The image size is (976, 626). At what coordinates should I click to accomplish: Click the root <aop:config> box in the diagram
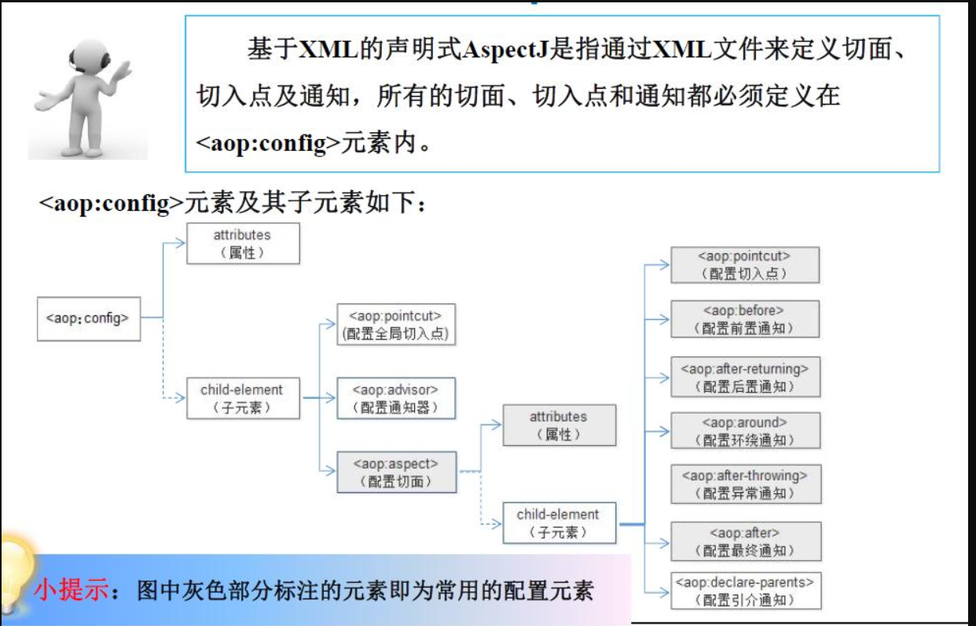[x=88, y=319]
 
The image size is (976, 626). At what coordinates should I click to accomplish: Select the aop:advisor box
[x=396, y=398]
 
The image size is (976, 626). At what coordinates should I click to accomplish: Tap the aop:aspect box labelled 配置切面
[x=396, y=472]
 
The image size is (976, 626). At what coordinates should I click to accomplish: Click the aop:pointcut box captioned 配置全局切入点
[x=396, y=324]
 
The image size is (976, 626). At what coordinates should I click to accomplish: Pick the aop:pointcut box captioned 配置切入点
[x=744, y=265]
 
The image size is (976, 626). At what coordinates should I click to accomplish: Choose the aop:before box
[x=744, y=319]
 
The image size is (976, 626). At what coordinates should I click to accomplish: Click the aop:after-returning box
[x=744, y=377]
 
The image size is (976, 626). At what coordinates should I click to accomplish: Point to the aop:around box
[x=744, y=431]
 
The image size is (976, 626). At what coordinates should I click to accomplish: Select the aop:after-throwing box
[x=744, y=484]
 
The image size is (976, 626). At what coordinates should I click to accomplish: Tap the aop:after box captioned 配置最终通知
[x=744, y=541]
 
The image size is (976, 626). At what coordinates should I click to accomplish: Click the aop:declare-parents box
[x=744, y=591]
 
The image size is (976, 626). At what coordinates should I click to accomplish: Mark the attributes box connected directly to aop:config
[x=242, y=243]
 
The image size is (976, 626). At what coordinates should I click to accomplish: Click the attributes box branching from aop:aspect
[x=559, y=425]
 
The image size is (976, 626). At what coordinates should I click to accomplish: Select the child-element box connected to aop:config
[x=242, y=398]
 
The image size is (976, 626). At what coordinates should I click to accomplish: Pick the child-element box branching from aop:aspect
[x=559, y=523]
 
